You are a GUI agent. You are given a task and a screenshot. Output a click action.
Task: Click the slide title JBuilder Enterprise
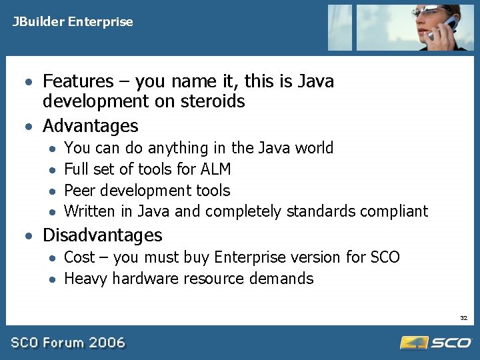(x=72, y=22)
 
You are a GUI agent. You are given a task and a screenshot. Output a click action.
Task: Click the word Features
(x=78, y=81)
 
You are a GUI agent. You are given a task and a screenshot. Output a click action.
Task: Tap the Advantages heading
(x=90, y=125)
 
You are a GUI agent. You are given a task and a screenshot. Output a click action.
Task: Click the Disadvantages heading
(x=102, y=235)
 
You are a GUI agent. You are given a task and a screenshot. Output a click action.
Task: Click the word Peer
(x=79, y=190)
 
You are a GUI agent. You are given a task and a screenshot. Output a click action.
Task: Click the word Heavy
(x=86, y=279)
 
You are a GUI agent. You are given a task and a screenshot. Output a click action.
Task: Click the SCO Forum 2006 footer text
(x=67, y=343)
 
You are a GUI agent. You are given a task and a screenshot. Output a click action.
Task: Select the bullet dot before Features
(x=29, y=83)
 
